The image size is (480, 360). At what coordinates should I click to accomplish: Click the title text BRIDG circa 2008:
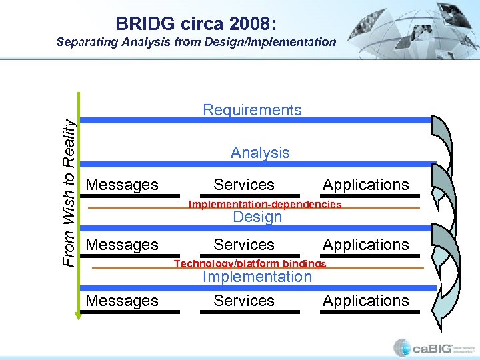click(x=196, y=23)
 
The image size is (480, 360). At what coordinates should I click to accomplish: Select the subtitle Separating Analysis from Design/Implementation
click(x=196, y=42)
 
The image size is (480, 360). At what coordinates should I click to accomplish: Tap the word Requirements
click(x=252, y=110)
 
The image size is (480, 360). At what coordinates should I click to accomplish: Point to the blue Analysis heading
click(x=260, y=153)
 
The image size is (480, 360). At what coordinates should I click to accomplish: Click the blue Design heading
click(x=257, y=217)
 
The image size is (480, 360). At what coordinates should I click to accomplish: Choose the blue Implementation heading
click(x=257, y=277)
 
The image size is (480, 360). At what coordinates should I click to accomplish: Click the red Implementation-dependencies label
click(x=265, y=204)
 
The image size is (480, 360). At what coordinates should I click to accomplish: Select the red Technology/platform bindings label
click(x=250, y=263)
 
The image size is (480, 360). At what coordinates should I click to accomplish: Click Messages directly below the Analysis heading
click(x=123, y=185)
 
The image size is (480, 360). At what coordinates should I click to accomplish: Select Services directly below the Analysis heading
click(x=244, y=185)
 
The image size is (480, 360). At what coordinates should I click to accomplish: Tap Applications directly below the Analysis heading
click(x=366, y=185)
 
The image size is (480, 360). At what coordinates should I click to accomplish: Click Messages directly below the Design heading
click(x=123, y=245)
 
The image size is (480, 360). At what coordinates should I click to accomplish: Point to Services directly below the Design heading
click(x=244, y=245)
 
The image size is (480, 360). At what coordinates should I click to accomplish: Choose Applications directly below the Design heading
click(x=366, y=245)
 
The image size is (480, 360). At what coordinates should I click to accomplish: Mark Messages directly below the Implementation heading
click(x=123, y=301)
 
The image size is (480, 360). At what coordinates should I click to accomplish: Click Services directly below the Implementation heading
click(x=244, y=301)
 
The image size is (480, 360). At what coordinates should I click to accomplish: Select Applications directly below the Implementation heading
click(x=366, y=301)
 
